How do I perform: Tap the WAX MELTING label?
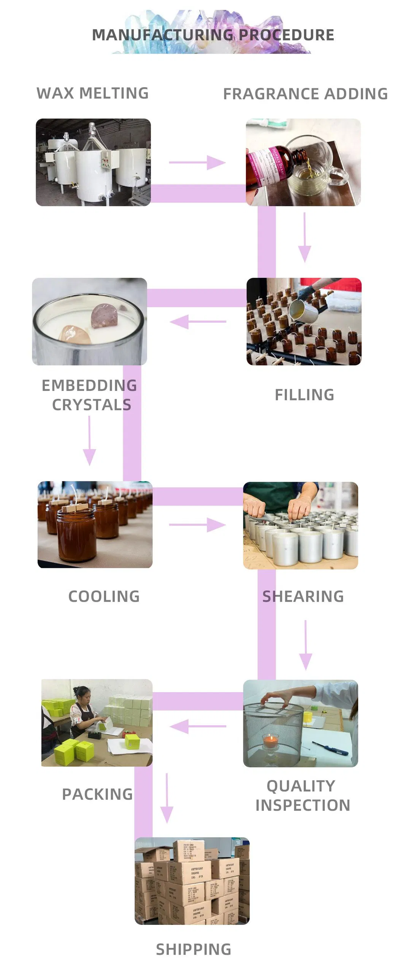[92, 93]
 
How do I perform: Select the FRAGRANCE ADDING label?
[305, 94]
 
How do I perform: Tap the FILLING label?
[305, 395]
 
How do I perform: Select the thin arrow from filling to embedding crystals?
[198, 322]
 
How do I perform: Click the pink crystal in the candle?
[105, 316]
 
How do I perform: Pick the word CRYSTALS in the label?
[92, 405]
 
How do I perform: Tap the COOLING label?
[104, 596]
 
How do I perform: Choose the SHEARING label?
[303, 596]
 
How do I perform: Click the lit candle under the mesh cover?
[271, 741]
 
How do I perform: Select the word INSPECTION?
[303, 805]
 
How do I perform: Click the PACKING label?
[97, 794]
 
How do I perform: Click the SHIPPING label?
[194, 950]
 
